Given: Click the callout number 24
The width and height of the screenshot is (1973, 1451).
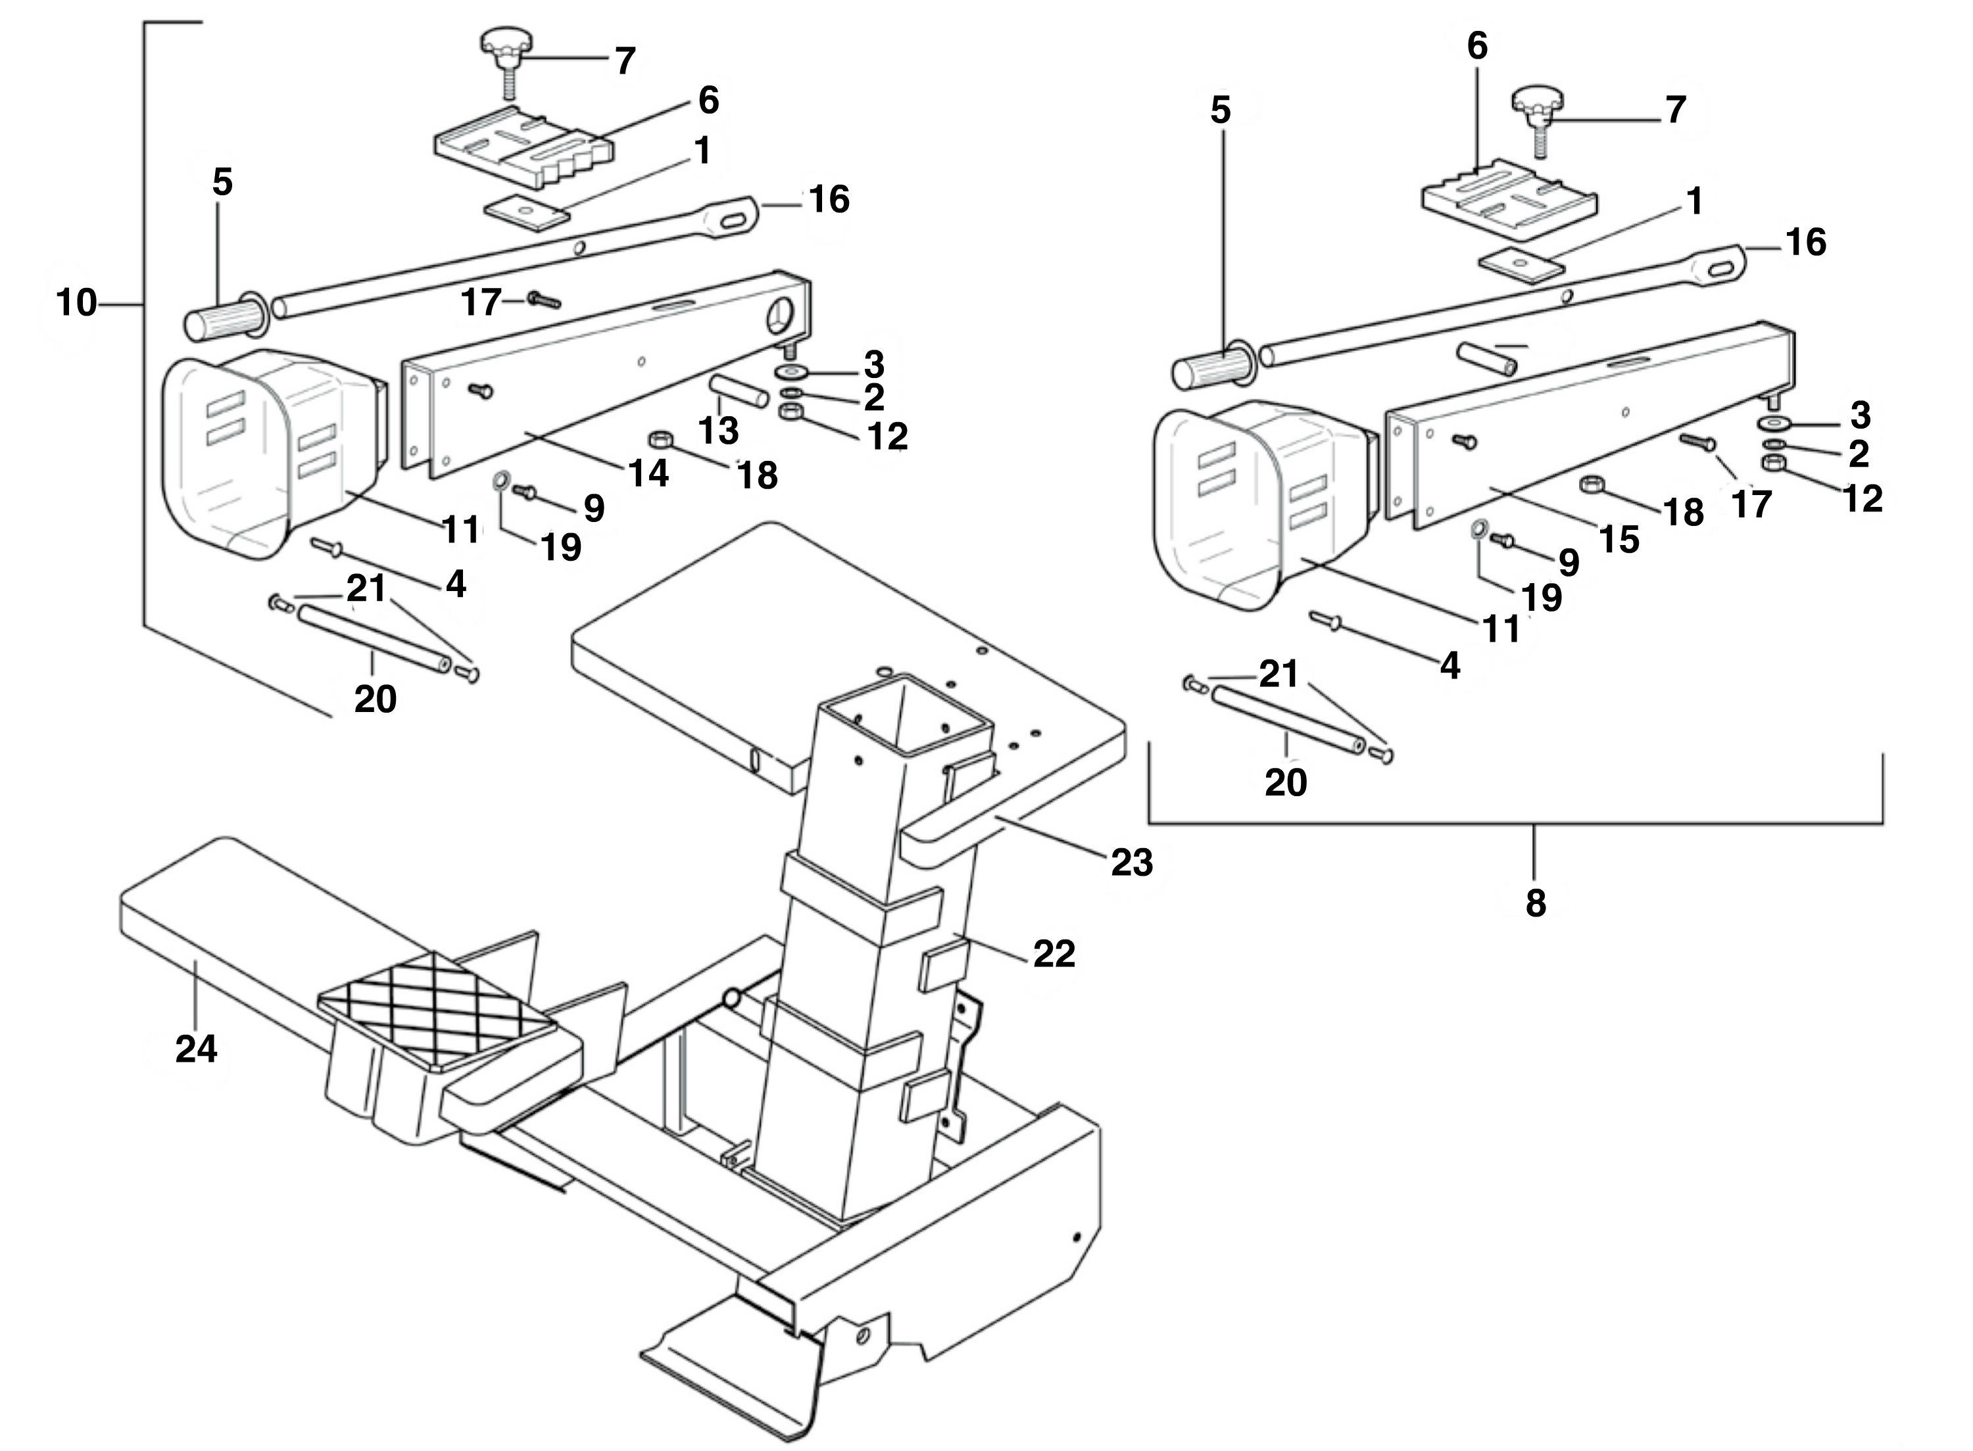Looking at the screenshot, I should (196, 1048).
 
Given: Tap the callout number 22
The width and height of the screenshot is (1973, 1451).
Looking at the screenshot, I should (1054, 953).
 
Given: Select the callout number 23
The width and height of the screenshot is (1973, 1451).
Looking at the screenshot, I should (1131, 862).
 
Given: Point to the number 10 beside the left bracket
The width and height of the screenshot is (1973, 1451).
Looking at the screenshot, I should (76, 303).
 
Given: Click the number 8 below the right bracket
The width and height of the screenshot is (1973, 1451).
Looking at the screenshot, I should (1534, 902).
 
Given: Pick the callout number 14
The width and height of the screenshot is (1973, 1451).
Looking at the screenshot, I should (649, 473).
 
